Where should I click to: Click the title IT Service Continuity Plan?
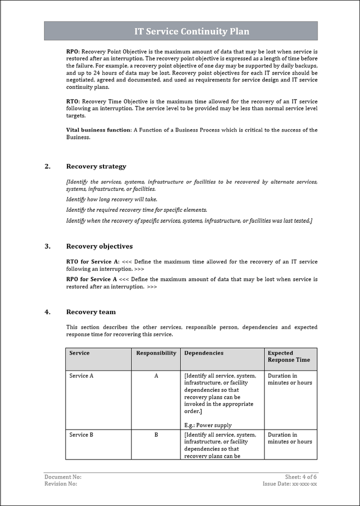191,31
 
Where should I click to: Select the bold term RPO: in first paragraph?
73,51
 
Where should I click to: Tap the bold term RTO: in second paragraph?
73,101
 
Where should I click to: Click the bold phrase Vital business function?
98,130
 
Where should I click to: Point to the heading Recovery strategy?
96,167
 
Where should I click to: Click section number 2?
47,167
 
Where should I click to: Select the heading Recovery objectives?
99,247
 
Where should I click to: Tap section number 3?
47,247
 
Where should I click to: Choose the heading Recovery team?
91,312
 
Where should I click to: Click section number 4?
47,312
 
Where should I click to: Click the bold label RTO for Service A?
93,262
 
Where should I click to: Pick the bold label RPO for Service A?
92,280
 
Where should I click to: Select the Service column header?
79,353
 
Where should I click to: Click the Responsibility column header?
156,353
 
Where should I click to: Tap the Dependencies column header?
204,353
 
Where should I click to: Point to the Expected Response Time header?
288,357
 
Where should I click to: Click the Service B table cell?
81,435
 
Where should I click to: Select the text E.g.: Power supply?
208,426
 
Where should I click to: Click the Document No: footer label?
63,478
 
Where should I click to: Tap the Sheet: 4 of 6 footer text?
301,478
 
